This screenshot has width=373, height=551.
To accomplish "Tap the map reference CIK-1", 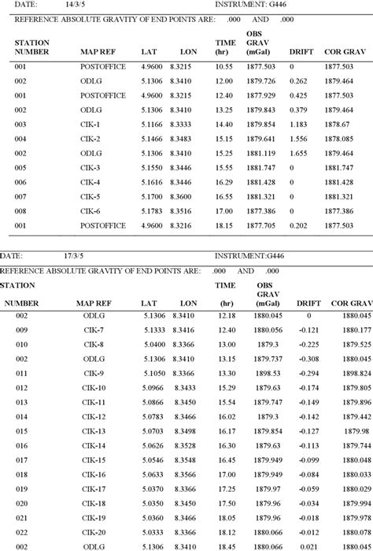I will pos(91,124).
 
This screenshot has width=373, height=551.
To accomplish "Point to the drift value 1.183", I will pos(297,124).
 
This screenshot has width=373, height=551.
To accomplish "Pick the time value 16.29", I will pos(224,181).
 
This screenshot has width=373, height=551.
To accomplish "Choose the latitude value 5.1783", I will pos(153,210).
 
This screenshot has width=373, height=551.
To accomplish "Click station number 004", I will pos(20,138).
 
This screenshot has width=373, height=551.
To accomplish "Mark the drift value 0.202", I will pos(297,225).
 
